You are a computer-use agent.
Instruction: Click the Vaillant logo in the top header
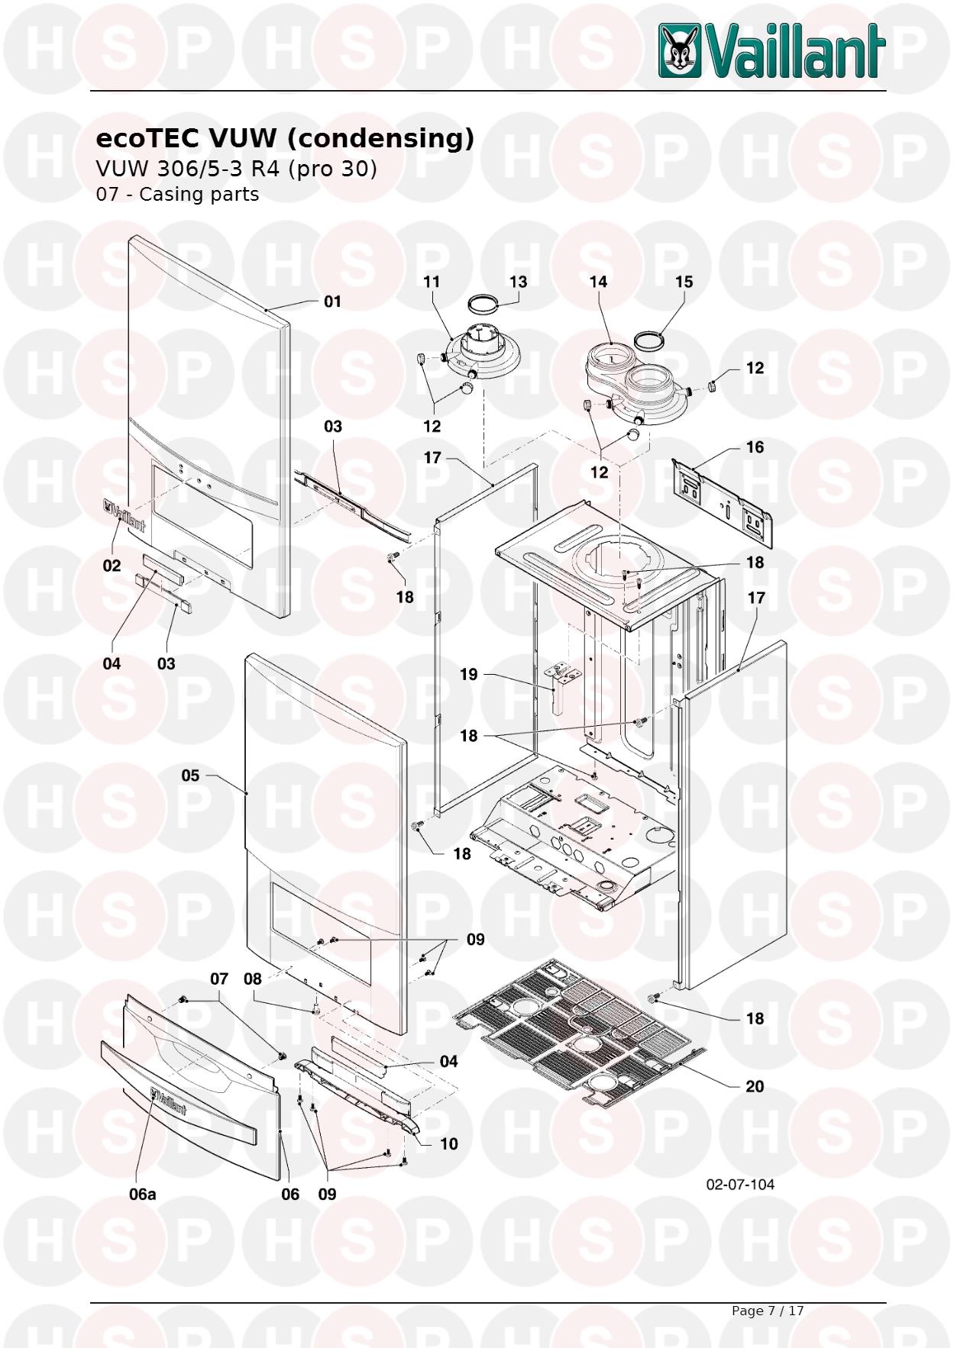click(772, 50)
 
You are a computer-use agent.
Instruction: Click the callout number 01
click(332, 302)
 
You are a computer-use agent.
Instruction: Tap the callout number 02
click(112, 566)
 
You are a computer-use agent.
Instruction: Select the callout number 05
click(190, 776)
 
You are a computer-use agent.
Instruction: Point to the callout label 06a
click(142, 1194)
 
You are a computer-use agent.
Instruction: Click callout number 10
click(448, 1143)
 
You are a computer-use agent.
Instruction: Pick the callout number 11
click(432, 282)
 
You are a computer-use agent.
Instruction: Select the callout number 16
click(755, 447)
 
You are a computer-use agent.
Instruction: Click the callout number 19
click(468, 674)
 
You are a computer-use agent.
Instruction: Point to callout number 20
click(755, 1086)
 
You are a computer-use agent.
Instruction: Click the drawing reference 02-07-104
click(740, 1184)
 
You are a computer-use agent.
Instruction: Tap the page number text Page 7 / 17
click(768, 1311)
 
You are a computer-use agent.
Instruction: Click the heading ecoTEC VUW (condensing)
click(285, 138)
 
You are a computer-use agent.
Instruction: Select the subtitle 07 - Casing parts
click(177, 194)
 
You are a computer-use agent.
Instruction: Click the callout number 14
click(598, 282)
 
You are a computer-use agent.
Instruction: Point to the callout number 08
click(253, 979)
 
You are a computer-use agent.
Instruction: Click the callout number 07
click(219, 979)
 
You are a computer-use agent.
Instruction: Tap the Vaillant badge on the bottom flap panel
click(169, 1100)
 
